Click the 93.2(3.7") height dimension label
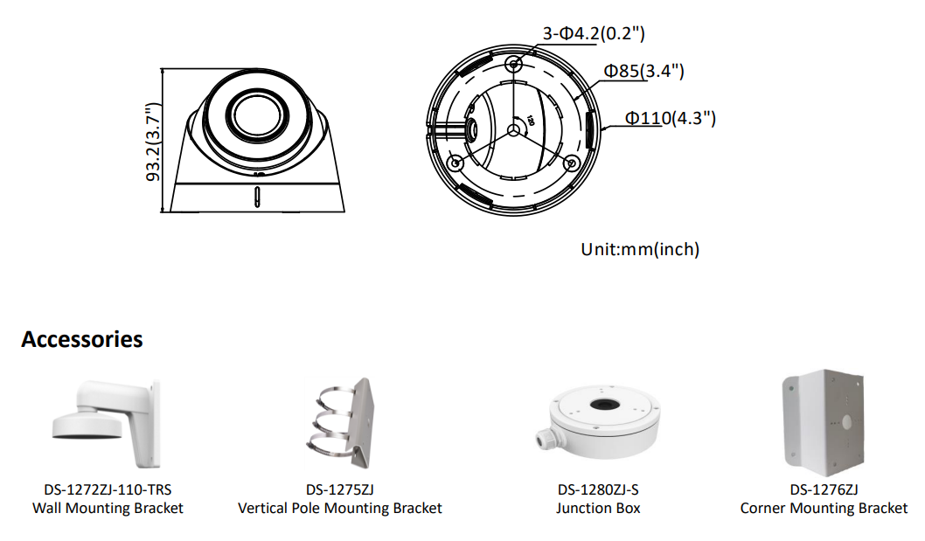pos(153,142)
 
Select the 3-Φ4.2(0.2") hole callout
pos(594,33)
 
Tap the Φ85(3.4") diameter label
pos(643,71)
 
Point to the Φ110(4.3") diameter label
pos(671,118)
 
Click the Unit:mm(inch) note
pos(640,249)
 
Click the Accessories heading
pos(82,339)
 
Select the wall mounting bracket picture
pos(106,422)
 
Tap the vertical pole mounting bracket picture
pos(340,422)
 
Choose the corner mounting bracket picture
pos(824,422)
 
